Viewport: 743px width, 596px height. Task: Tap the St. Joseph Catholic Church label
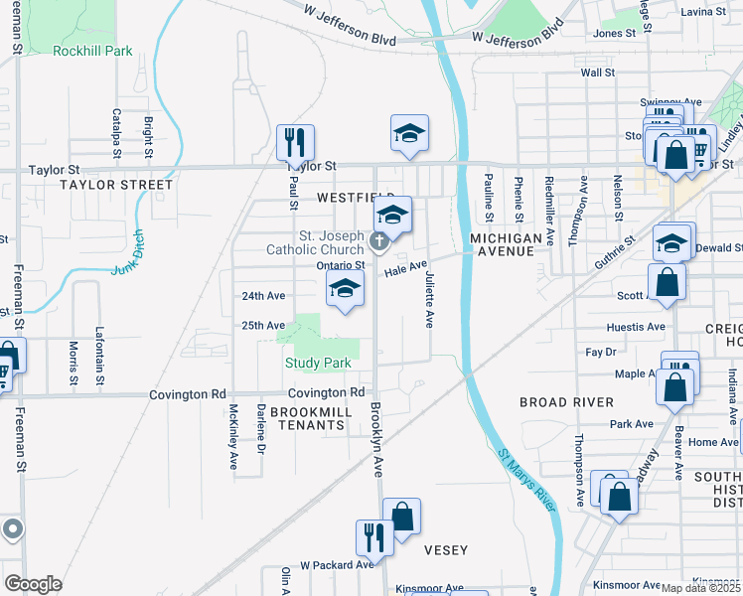pyautogui.click(x=315, y=243)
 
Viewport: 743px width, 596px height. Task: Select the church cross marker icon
pyautogui.click(x=378, y=240)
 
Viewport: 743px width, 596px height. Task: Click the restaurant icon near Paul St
pyautogui.click(x=295, y=143)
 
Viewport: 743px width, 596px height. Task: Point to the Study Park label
pyautogui.click(x=318, y=364)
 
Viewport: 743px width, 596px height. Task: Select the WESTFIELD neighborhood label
pyautogui.click(x=356, y=198)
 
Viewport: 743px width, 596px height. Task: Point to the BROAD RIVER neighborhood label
pyautogui.click(x=566, y=402)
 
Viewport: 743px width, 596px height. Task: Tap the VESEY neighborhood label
pyautogui.click(x=445, y=549)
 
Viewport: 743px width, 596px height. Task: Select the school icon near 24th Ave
pyautogui.click(x=345, y=289)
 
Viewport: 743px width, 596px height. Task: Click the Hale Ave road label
pyautogui.click(x=404, y=268)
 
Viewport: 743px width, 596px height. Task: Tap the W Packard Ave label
pyautogui.click(x=337, y=564)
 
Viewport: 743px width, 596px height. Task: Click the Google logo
pyautogui.click(x=34, y=583)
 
